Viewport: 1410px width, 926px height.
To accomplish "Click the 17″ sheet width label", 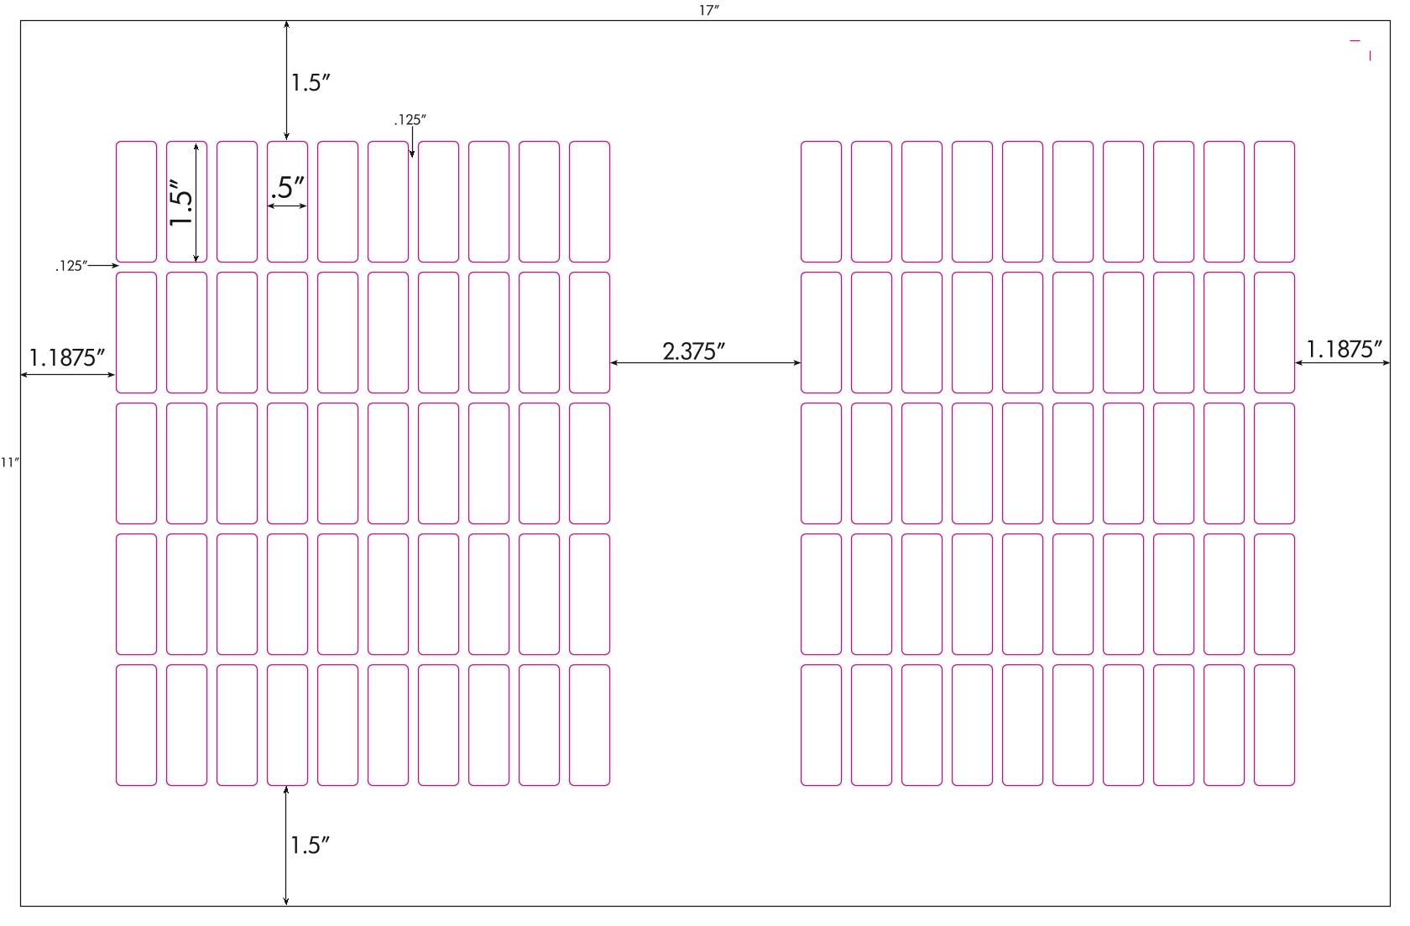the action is (x=708, y=10).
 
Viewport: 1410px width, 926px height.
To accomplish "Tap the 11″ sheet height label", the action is (x=9, y=462).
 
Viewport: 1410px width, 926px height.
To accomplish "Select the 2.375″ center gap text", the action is (x=693, y=351).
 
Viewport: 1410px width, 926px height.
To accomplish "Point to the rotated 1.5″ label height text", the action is (x=181, y=203).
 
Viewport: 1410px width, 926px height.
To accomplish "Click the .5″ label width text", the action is (x=288, y=188).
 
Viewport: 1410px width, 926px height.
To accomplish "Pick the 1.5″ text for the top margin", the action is (x=310, y=82).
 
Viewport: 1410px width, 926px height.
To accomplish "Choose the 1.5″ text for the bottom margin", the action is (x=310, y=845).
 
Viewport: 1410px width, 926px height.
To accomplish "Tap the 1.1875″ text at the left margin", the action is (x=67, y=357).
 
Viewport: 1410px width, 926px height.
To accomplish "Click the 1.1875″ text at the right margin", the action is (x=1344, y=349).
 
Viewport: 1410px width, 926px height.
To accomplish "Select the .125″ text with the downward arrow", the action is (x=410, y=119).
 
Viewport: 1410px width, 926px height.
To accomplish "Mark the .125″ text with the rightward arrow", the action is (x=71, y=265).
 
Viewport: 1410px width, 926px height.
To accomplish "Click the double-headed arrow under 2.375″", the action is (x=705, y=362).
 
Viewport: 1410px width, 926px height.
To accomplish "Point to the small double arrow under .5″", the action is (x=287, y=205).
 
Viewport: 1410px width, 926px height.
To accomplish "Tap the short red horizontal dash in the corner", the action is (x=1355, y=41).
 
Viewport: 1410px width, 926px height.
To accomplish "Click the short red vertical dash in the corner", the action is (x=1370, y=56).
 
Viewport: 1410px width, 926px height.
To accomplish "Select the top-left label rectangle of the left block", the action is (x=136, y=201).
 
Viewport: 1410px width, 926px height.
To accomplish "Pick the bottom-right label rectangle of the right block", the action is (x=1274, y=725).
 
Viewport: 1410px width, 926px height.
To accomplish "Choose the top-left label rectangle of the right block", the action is (x=821, y=201).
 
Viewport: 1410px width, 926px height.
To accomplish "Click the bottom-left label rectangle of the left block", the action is (x=136, y=725).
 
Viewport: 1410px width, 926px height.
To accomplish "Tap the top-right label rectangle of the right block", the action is (x=1274, y=201).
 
